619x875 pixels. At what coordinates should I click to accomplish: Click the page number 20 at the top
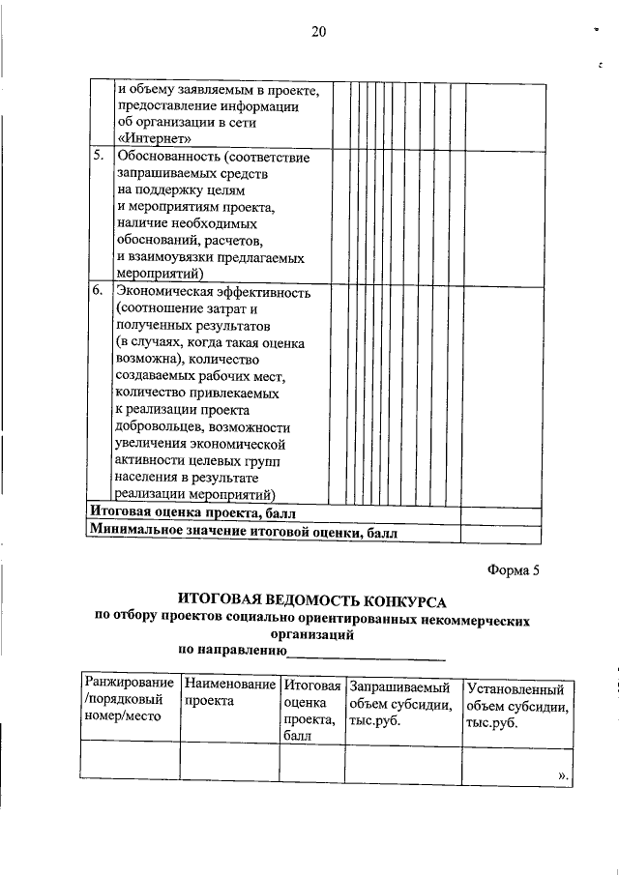pos(319,31)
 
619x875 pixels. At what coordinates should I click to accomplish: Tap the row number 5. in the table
pos(99,156)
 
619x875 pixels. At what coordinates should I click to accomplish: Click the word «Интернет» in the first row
pos(149,138)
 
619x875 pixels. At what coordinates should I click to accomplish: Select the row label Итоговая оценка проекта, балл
pos(193,512)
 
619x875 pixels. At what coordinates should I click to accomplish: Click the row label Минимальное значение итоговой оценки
pos(242,531)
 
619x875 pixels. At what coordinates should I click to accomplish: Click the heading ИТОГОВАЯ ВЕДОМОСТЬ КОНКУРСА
pos(312,601)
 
